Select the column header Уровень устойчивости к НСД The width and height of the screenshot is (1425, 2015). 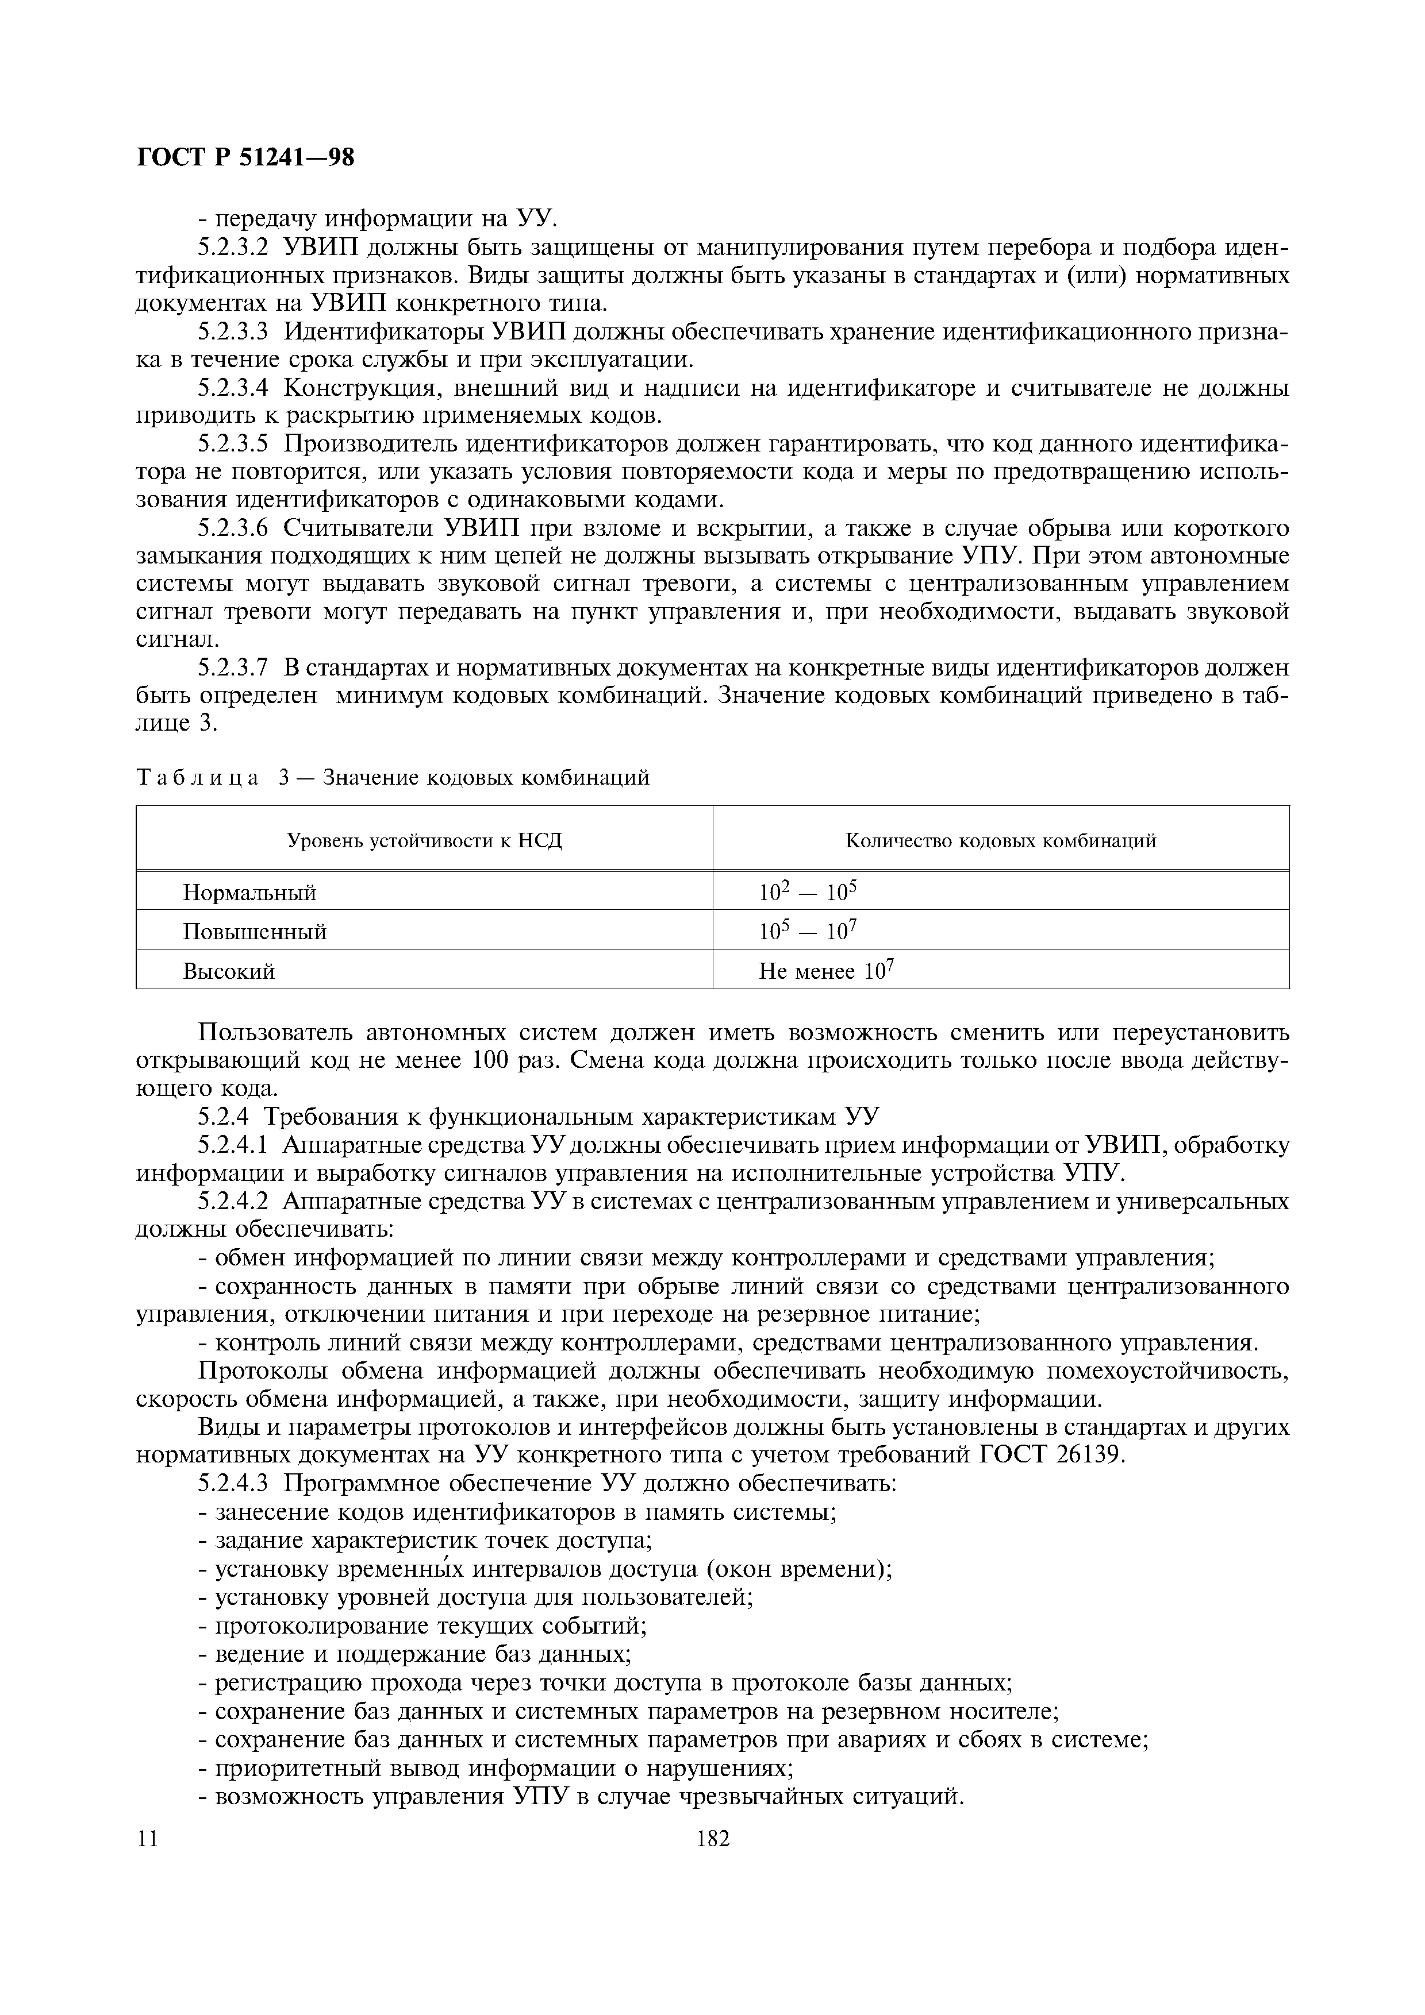425,841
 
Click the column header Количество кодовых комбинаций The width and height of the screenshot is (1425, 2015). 1001,841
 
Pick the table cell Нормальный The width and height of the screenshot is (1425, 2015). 249,893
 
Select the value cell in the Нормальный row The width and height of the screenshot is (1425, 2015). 807,893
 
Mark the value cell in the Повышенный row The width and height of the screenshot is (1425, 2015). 807,931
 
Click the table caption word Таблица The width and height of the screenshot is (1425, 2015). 198,778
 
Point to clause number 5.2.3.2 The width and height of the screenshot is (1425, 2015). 232,248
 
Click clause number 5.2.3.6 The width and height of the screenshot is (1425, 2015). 232,528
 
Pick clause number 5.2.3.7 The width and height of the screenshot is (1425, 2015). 232,668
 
